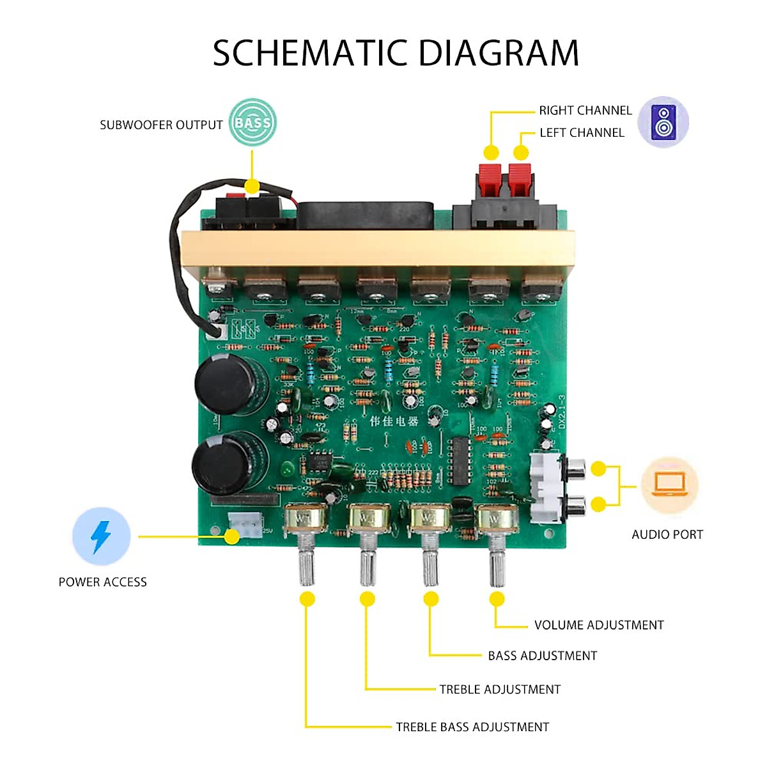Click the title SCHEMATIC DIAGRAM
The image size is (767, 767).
[396, 53]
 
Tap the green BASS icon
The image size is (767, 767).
[252, 122]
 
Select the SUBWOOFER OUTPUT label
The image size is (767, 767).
[161, 125]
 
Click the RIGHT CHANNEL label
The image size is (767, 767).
[585, 111]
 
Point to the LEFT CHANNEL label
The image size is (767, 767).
[582, 133]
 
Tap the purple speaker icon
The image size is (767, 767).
[663, 122]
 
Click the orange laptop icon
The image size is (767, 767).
[669, 485]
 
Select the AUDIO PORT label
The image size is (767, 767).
[667, 534]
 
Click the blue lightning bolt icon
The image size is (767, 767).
[101, 536]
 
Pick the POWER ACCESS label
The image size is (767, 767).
[102, 582]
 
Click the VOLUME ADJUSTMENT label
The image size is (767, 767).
[598, 625]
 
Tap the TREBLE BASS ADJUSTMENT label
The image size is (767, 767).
[472, 727]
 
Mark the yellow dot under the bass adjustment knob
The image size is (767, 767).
[431, 599]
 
